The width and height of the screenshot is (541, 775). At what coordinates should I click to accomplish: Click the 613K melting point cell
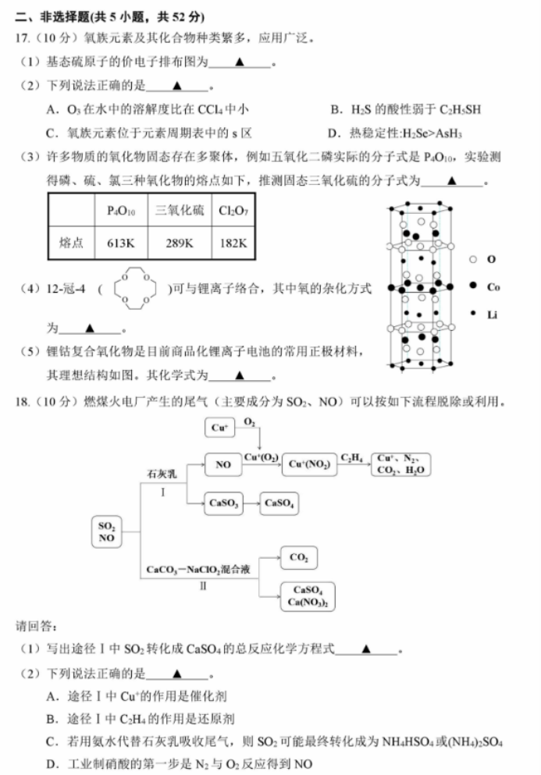point(121,243)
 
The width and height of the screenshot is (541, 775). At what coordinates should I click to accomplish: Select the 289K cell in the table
point(179,243)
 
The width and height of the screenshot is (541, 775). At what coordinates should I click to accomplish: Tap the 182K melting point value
point(233,243)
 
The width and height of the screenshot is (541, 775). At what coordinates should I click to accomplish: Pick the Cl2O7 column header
point(233,211)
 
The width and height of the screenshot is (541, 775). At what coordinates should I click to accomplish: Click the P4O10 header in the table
point(121,211)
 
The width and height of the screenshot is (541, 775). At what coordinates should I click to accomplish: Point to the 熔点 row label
point(71,243)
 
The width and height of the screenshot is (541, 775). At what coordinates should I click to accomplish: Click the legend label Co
point(493,286)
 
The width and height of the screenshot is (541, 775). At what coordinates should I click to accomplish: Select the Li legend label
point(492,315)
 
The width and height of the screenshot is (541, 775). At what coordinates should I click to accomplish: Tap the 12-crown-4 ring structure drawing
point(135,289)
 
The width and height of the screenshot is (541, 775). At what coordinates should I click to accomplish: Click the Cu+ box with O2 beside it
point(219,428)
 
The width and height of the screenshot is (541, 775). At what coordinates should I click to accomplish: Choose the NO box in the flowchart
point(223,464)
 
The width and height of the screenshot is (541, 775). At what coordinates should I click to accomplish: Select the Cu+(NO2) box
point(309,464)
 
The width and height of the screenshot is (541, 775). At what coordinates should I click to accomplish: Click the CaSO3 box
point(223,503)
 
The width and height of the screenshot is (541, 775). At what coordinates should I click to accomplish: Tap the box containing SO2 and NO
point(106,531)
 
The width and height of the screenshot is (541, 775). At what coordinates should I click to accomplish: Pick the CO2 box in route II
point(299,557)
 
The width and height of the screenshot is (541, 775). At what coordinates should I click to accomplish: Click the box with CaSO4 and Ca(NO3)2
point(308,596)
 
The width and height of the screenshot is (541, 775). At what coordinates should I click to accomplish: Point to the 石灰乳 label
point(162,474)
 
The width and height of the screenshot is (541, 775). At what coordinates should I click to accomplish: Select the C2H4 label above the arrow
point(351,457)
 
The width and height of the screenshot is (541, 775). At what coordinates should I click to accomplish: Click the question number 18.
point(23,401)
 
